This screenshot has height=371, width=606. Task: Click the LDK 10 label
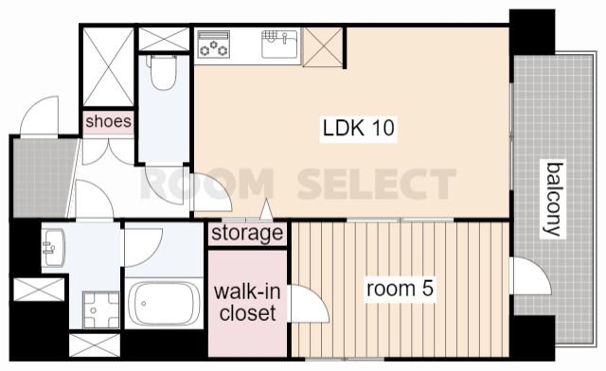(x=358, y=128)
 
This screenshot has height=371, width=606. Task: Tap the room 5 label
(x=400, y=289)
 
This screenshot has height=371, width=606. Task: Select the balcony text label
(x=553, y=199)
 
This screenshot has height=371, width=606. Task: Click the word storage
(x=247, y=233)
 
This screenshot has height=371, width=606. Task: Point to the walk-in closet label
(x=247, y=302)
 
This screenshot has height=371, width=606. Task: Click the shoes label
(x=108, y=122)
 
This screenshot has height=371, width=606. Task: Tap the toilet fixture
(x=163, y=72)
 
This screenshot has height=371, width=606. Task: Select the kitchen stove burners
(x=213, y=44)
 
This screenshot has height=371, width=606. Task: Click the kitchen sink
(x=280, y=44)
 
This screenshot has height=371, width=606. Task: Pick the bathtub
(x=164, y=304)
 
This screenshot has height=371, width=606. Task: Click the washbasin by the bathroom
(x=54, y=248)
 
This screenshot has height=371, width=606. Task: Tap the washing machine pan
(x=101, y=309)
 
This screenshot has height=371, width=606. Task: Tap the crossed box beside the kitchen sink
(x=323, y=47)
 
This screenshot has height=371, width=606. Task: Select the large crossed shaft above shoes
(x=109, y=67)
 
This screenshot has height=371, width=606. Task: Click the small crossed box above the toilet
(x=164, y=39)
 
